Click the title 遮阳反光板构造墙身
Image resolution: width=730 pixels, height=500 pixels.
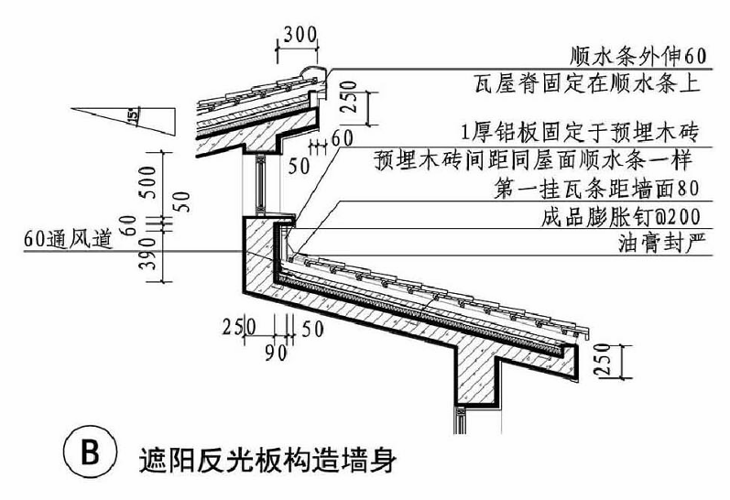click(x=266, y=455)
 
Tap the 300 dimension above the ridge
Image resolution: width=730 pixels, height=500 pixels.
click(x=299, y=35)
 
